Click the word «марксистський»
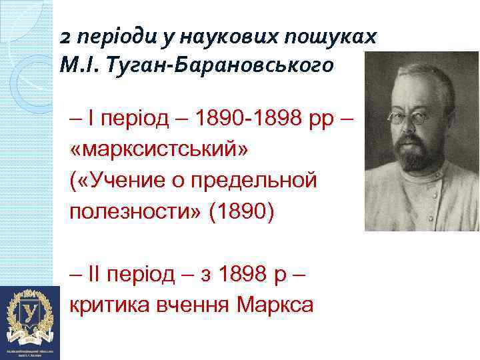coord(161,151)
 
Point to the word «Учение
coord(123,180)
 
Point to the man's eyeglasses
coord(411,117)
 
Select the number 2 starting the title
coord(64,37)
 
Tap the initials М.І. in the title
coord(79,66)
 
